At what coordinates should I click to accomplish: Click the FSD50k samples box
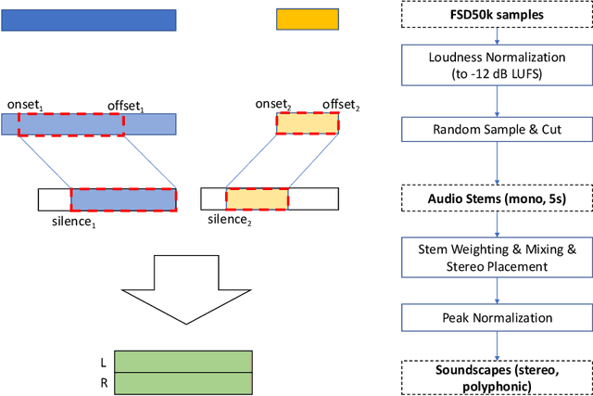tap(498, 16)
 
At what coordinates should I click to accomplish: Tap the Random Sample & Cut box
tap(498, 127)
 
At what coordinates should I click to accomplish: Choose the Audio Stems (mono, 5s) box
tap(498, 198)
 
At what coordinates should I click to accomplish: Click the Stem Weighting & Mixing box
tap(498, 257)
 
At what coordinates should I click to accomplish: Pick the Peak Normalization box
tap(498, 318)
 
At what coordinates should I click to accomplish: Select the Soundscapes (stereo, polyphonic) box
tap(498, 377)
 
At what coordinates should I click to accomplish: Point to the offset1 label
tap(126, 106)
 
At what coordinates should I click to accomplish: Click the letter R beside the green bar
tap(103, 382)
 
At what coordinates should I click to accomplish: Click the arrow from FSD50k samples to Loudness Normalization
tap(498, 37)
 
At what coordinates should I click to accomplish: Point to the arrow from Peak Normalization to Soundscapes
tap(498, 345)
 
